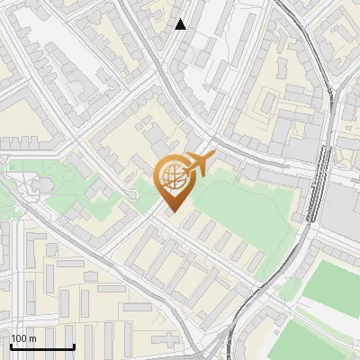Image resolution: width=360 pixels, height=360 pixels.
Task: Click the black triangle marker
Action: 181,24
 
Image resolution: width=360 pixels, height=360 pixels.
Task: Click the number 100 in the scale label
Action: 19,338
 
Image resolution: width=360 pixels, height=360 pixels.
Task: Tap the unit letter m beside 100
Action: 32,338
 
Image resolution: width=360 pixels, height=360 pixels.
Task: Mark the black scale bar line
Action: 42,346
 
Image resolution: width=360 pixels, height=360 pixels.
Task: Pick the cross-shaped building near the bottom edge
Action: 167,340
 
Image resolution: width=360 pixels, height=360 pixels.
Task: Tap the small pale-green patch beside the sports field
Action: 290,287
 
